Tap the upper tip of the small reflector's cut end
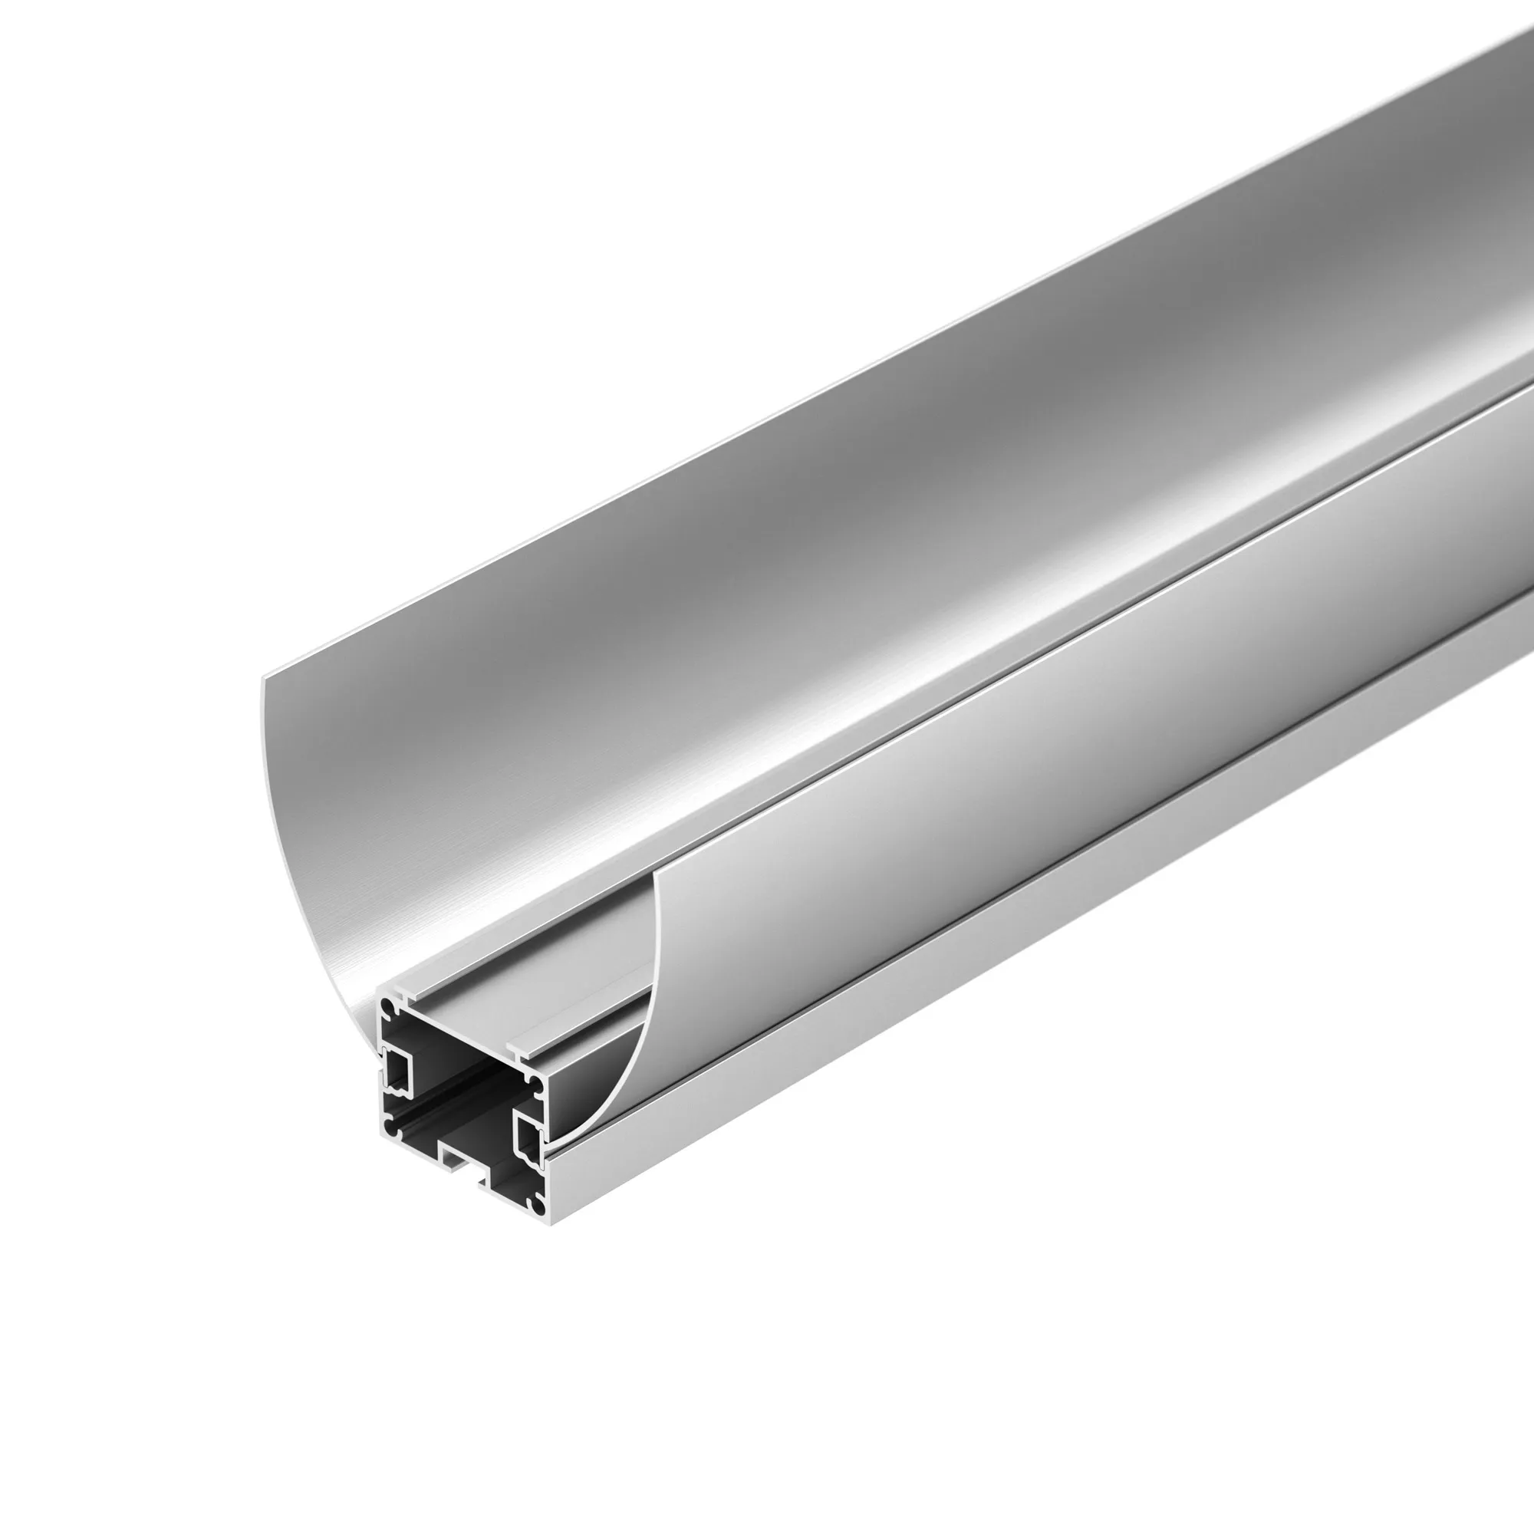[x=656, y=874]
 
